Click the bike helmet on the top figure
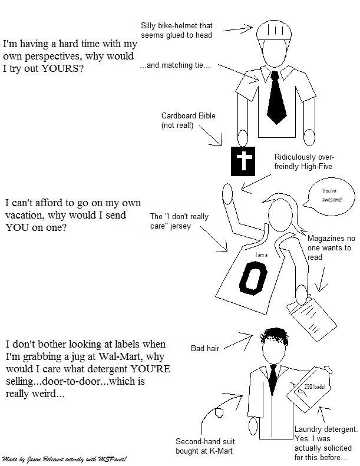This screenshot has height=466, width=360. [274, 29]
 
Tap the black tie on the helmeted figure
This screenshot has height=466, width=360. [276, 97]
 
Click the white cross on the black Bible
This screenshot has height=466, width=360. [244, 161]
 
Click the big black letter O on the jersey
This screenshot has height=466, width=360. [253, 279]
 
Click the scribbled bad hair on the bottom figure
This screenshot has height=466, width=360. [275, 338]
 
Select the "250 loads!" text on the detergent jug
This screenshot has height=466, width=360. [315, 386]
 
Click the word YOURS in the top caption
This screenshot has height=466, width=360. [62, 69]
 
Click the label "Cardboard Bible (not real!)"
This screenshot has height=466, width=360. [188, 120]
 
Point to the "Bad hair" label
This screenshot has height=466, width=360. [205, 348]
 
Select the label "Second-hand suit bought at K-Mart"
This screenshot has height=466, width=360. [205, 446]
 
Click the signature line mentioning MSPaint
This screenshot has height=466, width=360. [64, 459]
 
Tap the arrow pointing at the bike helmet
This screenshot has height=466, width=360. [237, 29]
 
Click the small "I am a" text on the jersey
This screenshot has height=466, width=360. [261, 255]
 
